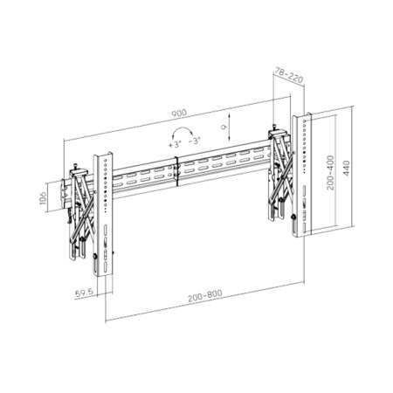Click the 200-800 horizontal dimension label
click(203, 297)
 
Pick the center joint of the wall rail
click(178, 171)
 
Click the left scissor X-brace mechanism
click(80, 207)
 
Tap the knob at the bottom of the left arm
click(94, 258)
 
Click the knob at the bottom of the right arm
click(294, 215)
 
